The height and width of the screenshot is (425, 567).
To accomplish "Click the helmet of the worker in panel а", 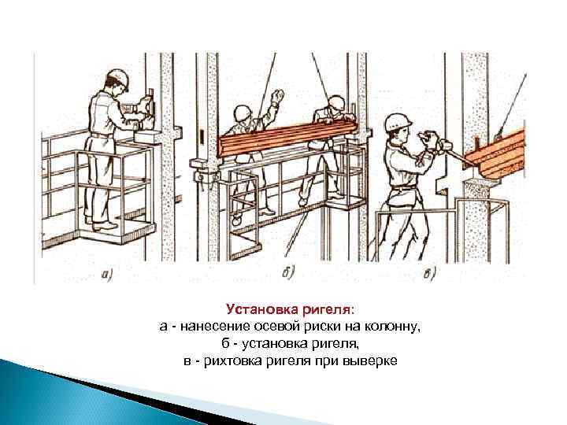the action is point(119,79).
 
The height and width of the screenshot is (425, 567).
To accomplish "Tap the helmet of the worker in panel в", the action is point(398,122).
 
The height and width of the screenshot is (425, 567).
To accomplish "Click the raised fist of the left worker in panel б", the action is point(277,96).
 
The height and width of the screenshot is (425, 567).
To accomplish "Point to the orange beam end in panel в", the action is point(495,155).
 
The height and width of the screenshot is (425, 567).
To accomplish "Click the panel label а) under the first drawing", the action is point(107,275).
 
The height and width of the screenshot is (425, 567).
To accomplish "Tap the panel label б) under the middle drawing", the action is point(288,273).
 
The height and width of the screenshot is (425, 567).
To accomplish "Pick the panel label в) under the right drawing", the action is point(429,274).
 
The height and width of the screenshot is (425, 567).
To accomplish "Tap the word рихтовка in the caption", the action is point(234,361).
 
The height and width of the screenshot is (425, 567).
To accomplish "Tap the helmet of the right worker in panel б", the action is point(337,102).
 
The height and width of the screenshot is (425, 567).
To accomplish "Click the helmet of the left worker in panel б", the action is point(242,113).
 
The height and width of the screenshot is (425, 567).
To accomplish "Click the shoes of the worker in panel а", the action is point(101,224).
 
